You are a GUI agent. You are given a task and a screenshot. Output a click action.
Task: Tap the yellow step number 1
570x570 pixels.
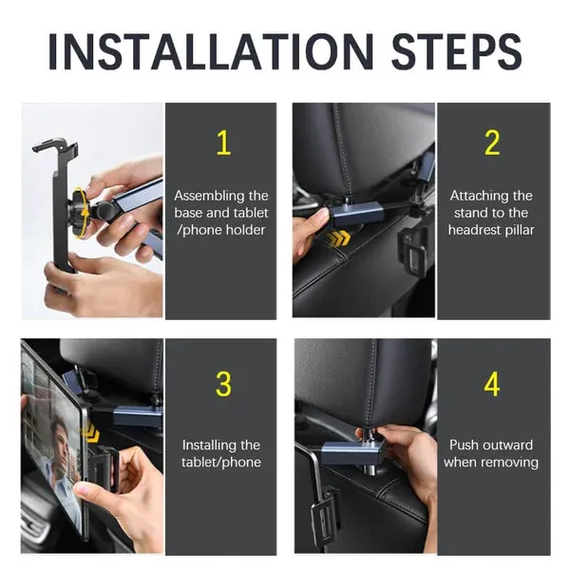point(223,143)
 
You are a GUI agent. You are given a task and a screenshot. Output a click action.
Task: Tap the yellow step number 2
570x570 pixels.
point(492,143)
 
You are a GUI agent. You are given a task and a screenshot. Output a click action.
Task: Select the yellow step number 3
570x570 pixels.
point(223,385)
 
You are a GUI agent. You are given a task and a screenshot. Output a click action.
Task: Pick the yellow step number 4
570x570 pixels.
point(492,385)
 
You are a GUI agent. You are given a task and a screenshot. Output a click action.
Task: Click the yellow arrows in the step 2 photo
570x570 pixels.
point(338,238)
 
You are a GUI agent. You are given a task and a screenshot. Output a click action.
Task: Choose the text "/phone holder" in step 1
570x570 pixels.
point(221,230)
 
